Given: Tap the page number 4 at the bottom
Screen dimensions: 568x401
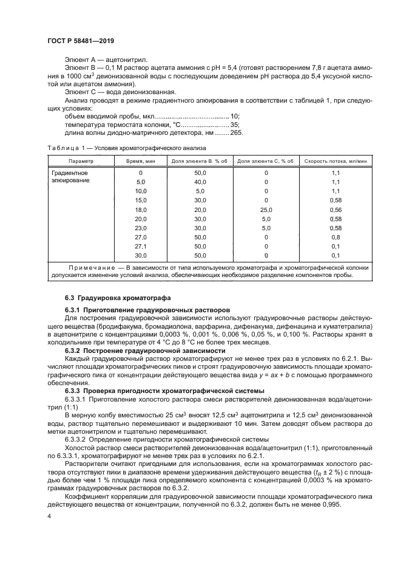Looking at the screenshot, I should coord(49,516).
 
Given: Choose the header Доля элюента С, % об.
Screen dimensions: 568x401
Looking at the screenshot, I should coord(266,161).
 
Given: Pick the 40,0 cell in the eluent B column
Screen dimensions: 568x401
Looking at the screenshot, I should coord(200,182).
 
